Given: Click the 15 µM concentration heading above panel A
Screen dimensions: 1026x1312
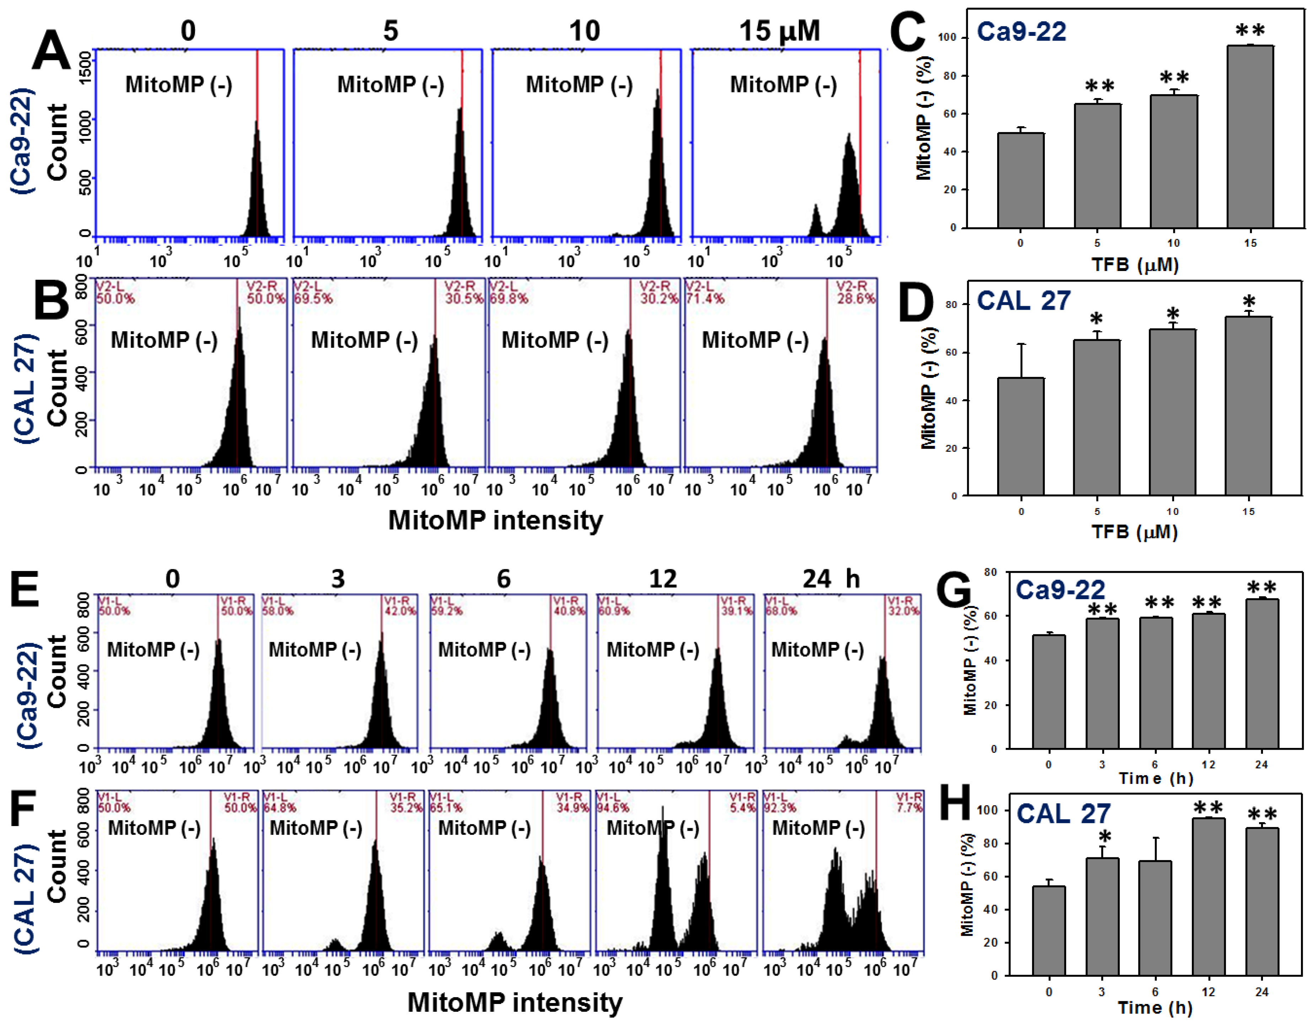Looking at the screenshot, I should coord(779,31).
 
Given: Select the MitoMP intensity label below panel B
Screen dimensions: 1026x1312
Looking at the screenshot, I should coord(495,520).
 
